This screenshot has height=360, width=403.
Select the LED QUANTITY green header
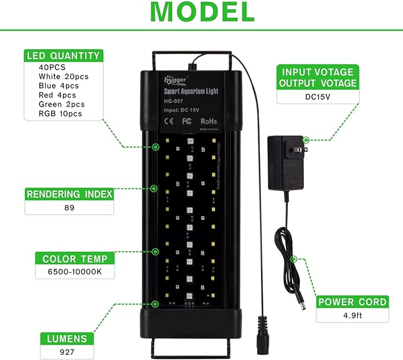[64, 56]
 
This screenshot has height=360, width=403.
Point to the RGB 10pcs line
[60, 114]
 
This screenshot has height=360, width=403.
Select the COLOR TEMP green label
[66, 259]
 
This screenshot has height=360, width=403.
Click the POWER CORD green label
[353, 302]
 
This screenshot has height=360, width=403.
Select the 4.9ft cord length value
[353, 316]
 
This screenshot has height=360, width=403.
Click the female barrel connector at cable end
[262, 330]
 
